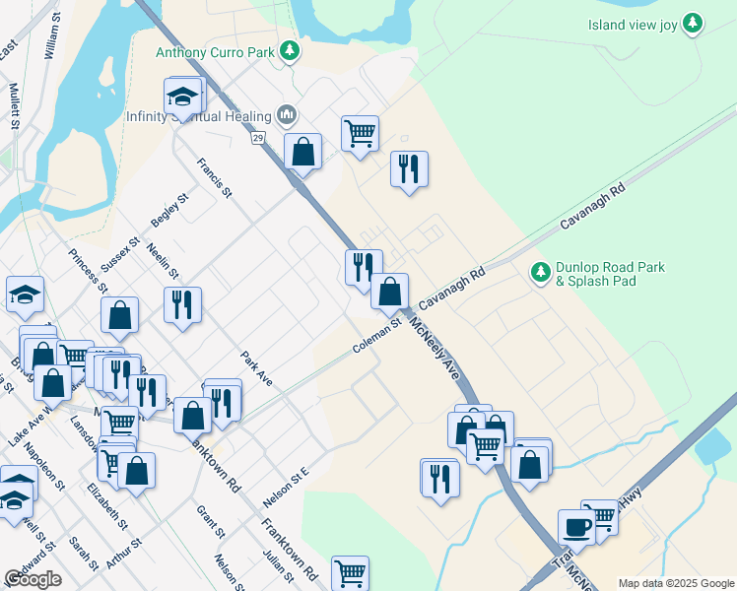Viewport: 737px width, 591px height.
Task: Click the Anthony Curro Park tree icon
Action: coord(289,49)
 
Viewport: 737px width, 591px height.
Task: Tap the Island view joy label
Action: coord(634,25)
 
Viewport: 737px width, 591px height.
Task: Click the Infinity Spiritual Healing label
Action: coord(201,115)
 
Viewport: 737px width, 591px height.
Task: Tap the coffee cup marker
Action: coord(575,526)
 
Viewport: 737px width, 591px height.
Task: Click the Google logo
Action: coord(33,579)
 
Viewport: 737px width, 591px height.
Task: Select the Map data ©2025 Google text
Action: coord(676,583)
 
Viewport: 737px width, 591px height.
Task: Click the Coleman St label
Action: coord(378,336)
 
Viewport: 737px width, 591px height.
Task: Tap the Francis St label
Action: coord(213,178)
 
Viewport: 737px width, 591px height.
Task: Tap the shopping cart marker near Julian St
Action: coord(350,571)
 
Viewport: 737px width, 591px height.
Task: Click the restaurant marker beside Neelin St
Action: coord(182,303)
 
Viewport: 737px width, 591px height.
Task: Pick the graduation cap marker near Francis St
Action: coord(182,98)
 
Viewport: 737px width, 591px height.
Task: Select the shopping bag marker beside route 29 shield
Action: coord(302,152)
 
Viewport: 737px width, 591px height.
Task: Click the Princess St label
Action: coord(89,272)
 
